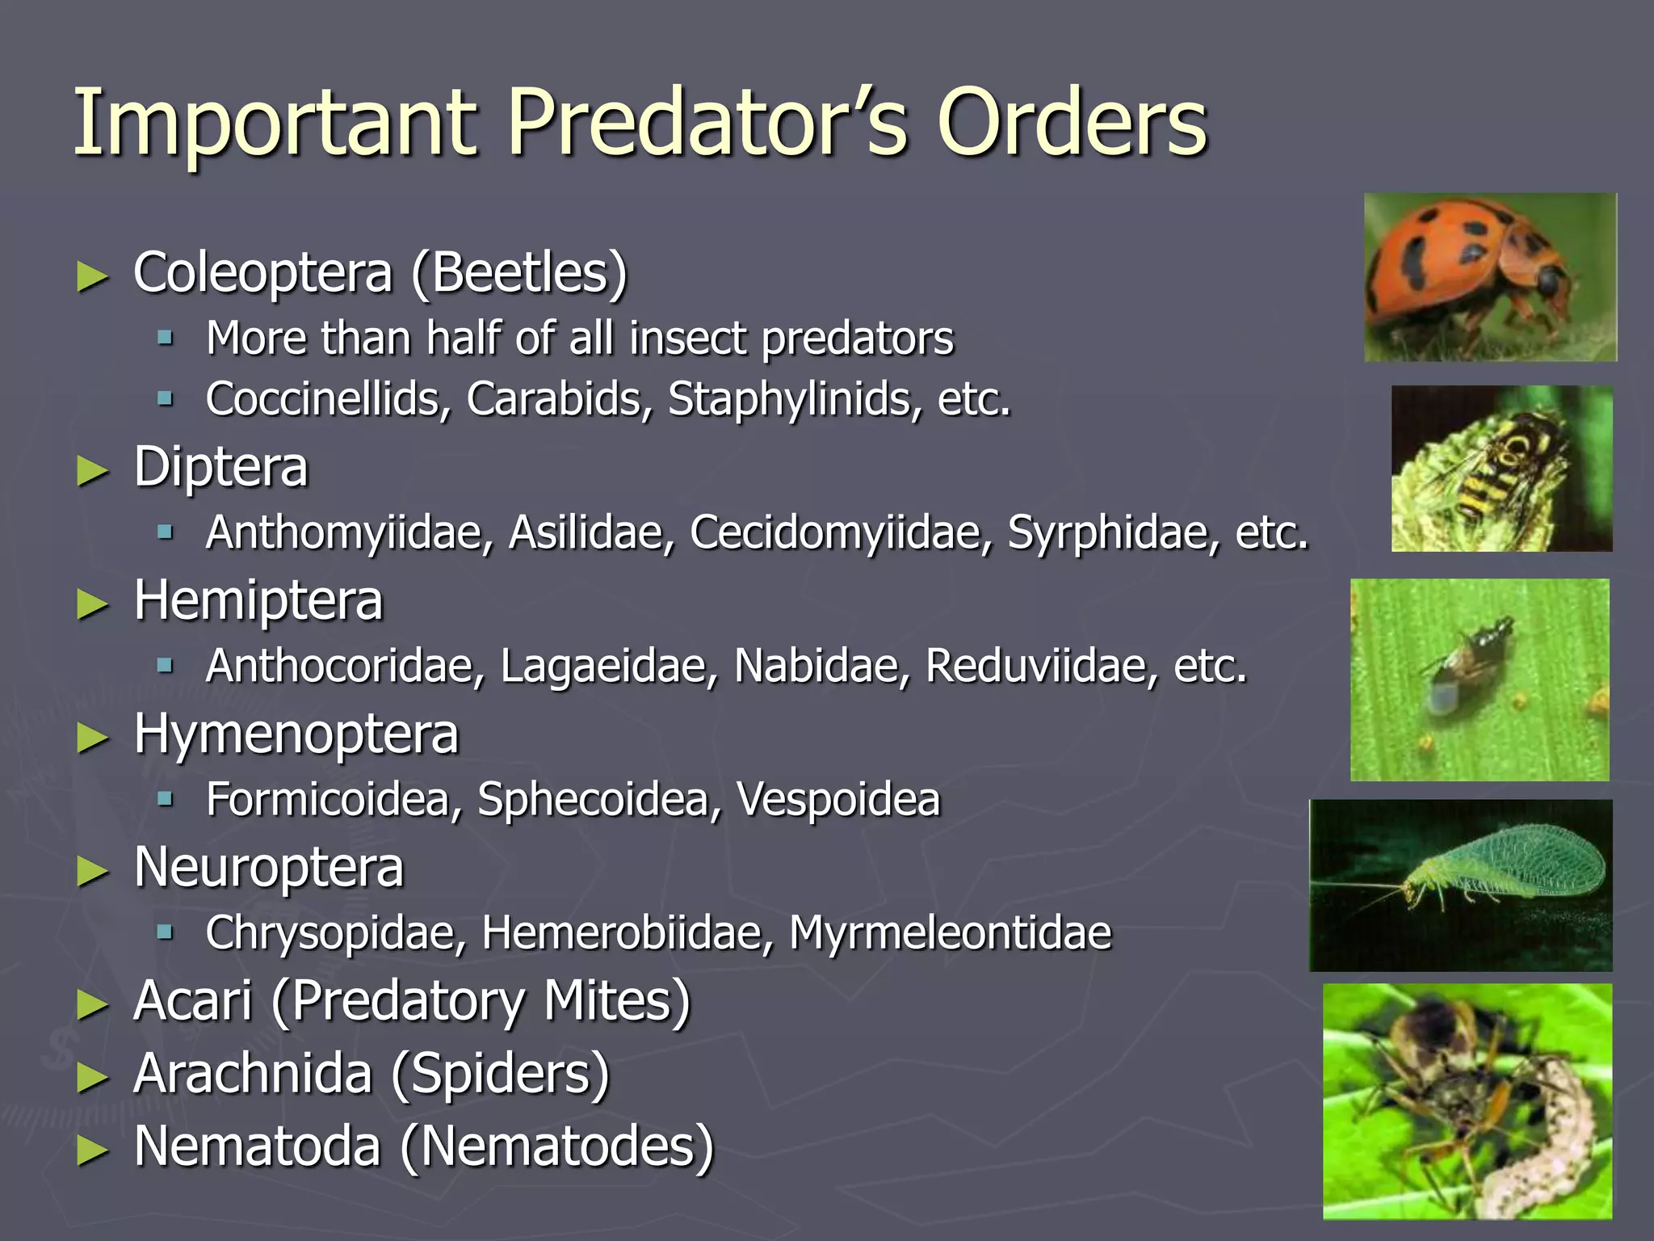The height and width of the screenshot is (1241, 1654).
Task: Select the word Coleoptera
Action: tap(262, 272)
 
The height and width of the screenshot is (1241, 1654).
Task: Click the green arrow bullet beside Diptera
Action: tap(92, 470)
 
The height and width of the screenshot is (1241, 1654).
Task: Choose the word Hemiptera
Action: tap(258, 601)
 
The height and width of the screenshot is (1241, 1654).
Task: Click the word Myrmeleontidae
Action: tap(950, 933)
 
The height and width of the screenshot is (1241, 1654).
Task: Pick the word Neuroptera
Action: tap(268, 868)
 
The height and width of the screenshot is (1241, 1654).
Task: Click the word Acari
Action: tap(193, 1001)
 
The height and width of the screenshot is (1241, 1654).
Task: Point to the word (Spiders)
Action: tap(500, 1074)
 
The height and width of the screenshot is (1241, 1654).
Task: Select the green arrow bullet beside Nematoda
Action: tap(92, 1149)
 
